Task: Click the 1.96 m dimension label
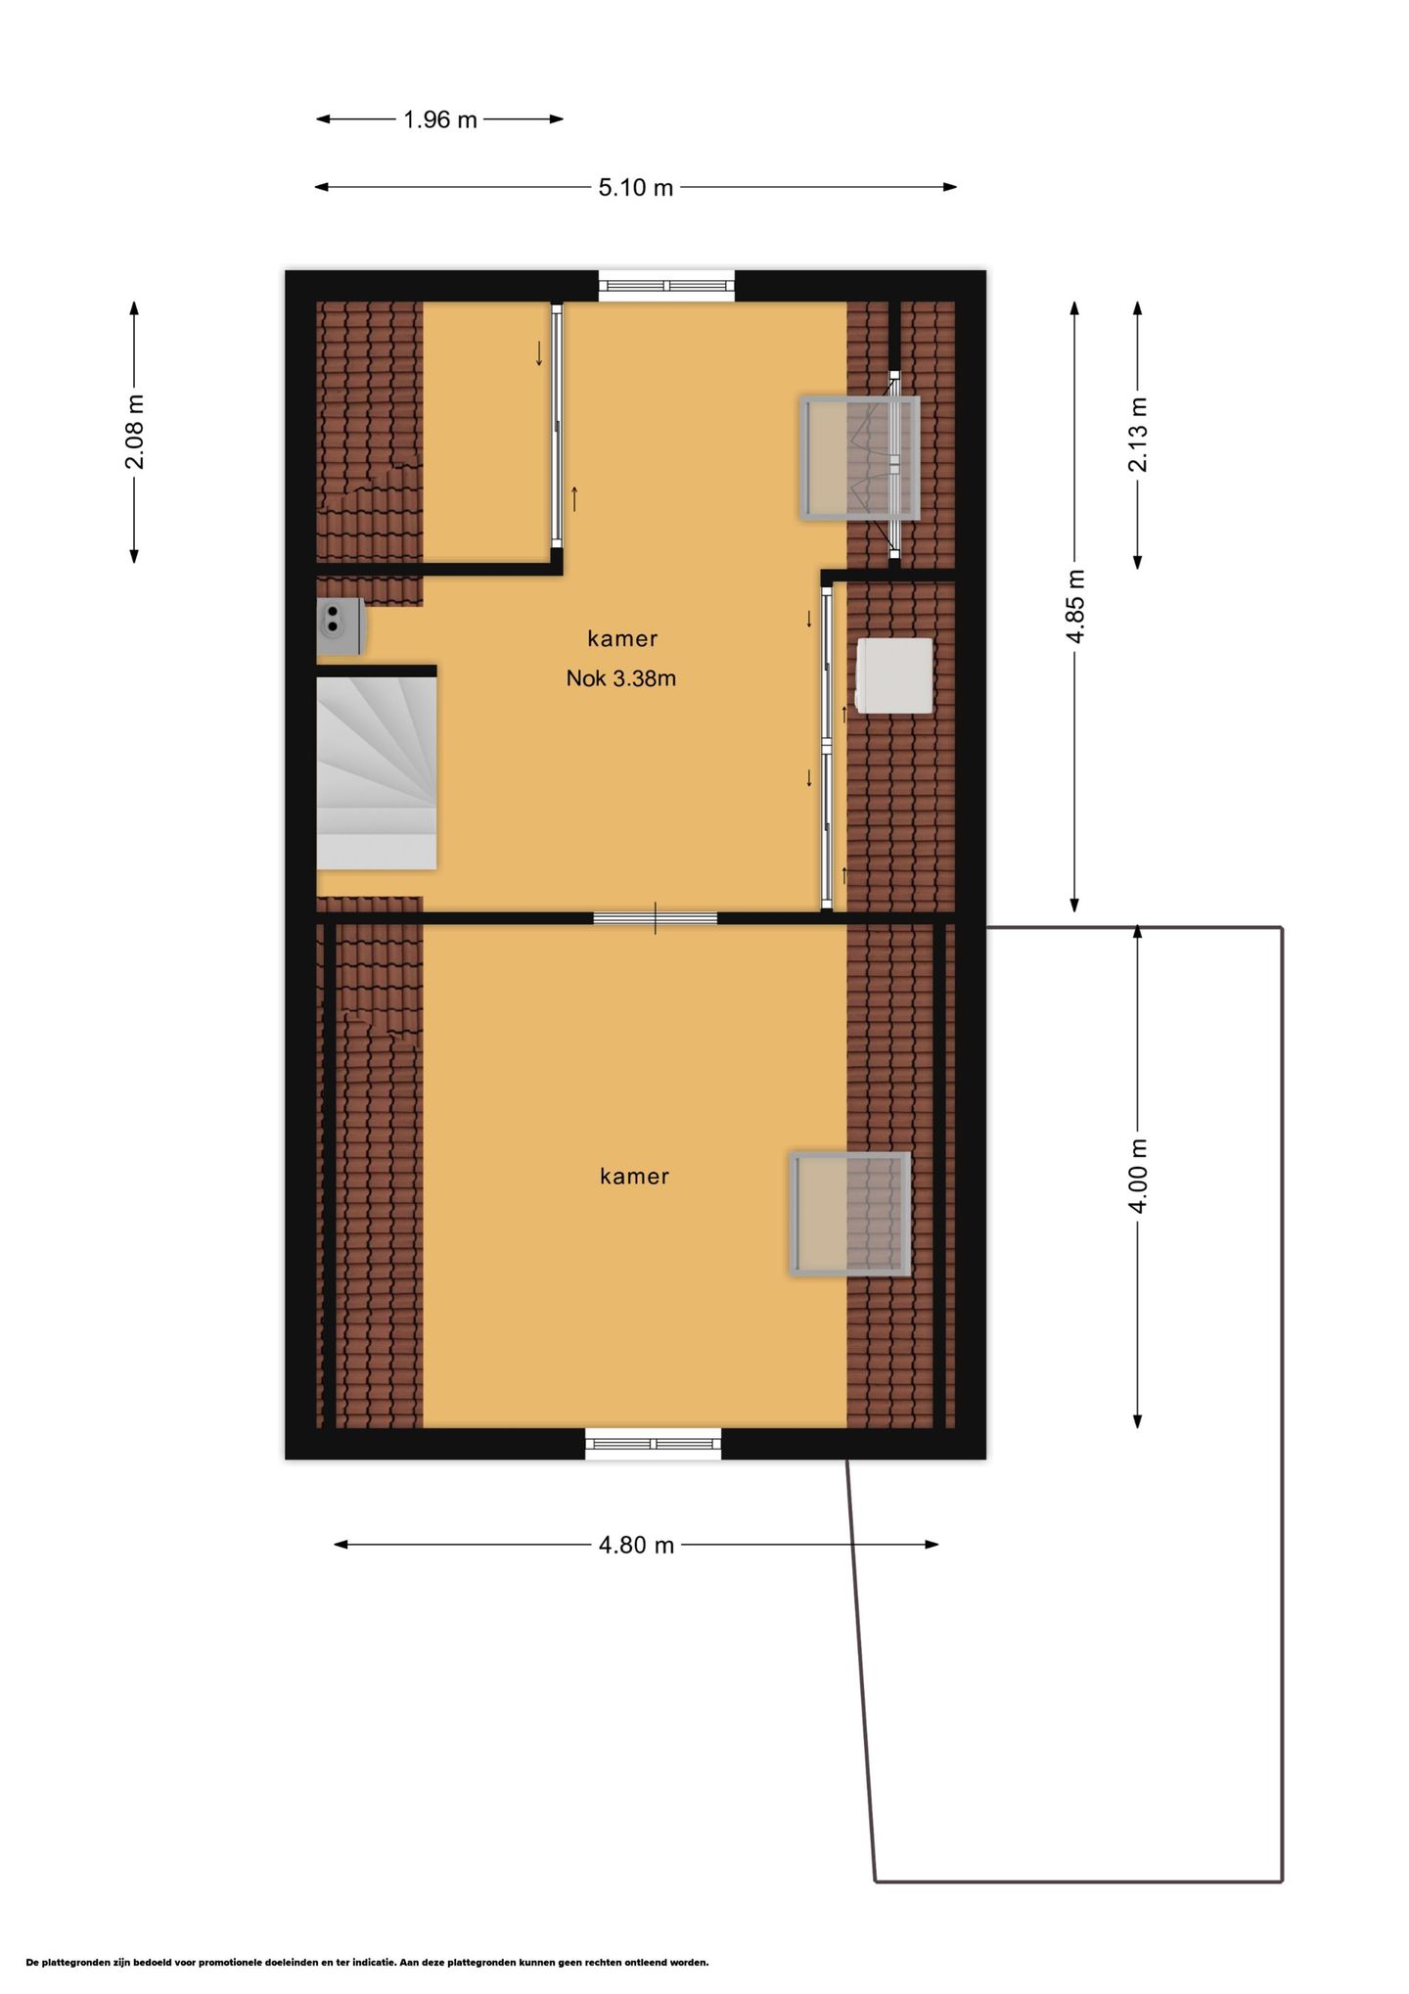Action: pyautogui.click(x=440, y=119)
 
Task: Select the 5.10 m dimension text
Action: pyautogui.click(x=636, y=187)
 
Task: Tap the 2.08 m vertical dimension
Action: pyautogui.click(x=135, y=432)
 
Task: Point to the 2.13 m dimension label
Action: pyautogui.click(x=1138, y=434)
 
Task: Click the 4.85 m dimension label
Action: pyautogui.click(x=1075, y=606)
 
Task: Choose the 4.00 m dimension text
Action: pyautogui.click(x=1138, y=1176)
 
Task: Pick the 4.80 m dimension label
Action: pyautogui.click(x=636, y=1545)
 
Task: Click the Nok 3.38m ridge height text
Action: pyautogui.click(x=621, y=678)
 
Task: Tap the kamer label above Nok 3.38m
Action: pyautogui.click(x=622, y=639)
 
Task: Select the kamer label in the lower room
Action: pyautogui.click(x=634, y=1177)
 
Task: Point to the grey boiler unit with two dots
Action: pyautogui.click(x=341, y=626)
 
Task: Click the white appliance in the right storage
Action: pyautogui.click(x=894, y=675)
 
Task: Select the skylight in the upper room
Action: pyautogui.click(x=860, y=457)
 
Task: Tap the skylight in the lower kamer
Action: pyautogui.click(x=849, y=1214)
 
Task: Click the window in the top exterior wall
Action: pyautogui.click(x=666, y=286)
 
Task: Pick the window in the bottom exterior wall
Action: pyautogui.click(x=653, y=1444)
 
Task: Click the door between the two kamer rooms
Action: pyautogui.click(x=656, y=918)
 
